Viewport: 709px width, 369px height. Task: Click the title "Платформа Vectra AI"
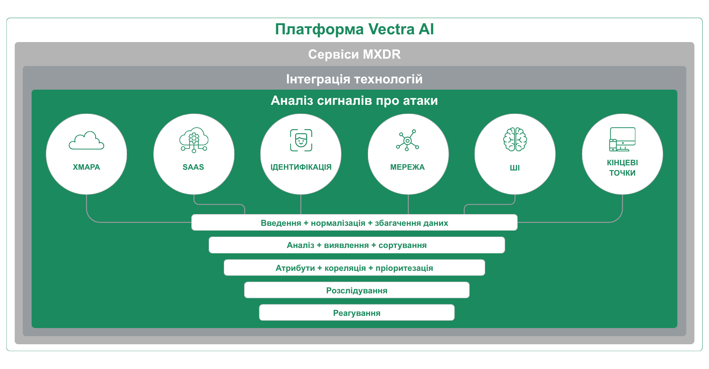pos(354,30)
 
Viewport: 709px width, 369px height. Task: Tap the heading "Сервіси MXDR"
pos(354,54)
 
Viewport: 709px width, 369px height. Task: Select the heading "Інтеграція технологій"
pos(354,79)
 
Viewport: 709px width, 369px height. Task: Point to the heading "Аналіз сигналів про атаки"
pos(354,100)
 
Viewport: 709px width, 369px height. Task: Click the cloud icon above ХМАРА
pos(86,140)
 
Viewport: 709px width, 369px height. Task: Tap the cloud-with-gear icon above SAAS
pos(194,140)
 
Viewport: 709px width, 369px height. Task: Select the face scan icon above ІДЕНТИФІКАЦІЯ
pos(301,140)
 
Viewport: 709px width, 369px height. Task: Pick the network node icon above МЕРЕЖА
pos(408,140)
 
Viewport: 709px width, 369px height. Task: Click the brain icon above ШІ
pos(515,139)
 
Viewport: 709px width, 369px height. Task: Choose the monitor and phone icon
pos(622,139)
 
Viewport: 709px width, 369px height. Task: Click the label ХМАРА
pos(86,167)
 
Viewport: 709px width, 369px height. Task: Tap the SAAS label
pos(193,167)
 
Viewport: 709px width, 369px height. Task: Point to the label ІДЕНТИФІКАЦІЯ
pos(301,167)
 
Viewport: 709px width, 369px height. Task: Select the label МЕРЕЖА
pos(408,167)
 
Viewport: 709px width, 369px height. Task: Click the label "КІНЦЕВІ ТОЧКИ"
pos(623,168)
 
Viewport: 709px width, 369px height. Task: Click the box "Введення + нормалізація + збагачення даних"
pos(354,223)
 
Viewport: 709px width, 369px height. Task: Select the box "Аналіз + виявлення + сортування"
pos(357,245)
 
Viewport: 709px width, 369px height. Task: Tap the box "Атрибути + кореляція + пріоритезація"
pos(354,268)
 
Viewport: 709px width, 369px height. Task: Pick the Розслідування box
pos(357,290)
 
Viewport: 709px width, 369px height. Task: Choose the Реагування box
pos(357,313)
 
